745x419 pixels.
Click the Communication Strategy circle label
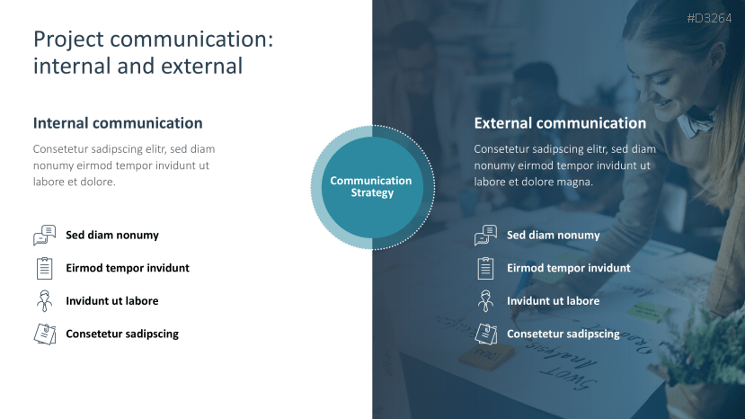[x=371, y=186]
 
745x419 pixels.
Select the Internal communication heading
[x=118, y=123]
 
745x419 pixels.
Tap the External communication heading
[x=560, y=123]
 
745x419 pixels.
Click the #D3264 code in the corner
[x=709, y=18]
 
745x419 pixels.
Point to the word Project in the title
[x=68, y=40]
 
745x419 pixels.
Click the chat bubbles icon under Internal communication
[x=45, y=235]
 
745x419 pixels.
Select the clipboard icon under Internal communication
[x=45, y=268]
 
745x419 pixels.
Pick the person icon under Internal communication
[x=45, y=300]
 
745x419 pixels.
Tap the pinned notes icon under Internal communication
[x=45, y=334]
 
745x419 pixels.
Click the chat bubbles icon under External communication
[x=485, y=235]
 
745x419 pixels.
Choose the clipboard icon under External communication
[x=485, y=268]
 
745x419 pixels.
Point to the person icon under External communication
[x=485, y=300]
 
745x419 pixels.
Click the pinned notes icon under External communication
[x=485, y=334]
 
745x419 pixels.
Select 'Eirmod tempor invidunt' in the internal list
[x=128, y=268]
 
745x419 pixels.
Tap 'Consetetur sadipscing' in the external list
[x=563, y=334]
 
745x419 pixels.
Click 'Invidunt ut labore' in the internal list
[x=112, y=300]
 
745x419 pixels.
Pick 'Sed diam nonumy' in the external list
[x=553, y=235]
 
